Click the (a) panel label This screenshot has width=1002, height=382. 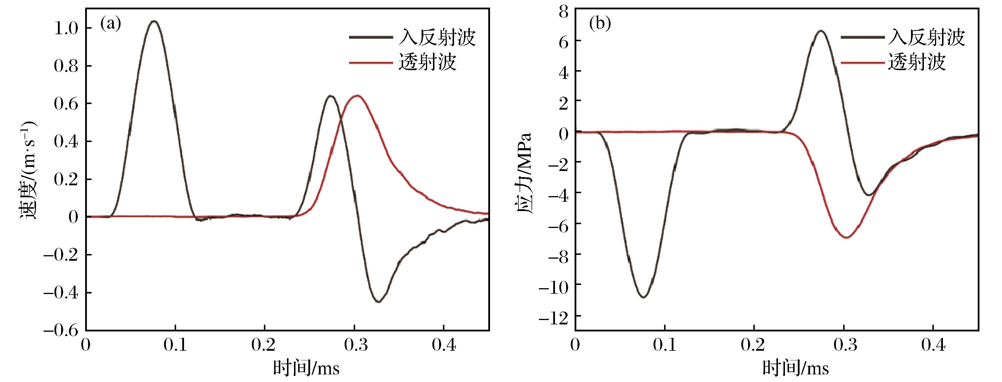111,24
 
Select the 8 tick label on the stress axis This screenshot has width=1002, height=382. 564,11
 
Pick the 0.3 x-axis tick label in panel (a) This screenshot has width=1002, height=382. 354,345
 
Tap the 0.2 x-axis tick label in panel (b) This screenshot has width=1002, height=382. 754,345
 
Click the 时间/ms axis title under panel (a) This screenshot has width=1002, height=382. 306,367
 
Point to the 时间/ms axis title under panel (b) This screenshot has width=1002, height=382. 795,367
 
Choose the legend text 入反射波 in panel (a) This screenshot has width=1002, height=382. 437,38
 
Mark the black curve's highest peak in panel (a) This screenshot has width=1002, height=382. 154,21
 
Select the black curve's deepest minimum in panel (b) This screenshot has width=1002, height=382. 643,297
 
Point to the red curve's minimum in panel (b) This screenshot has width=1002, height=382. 846,237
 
